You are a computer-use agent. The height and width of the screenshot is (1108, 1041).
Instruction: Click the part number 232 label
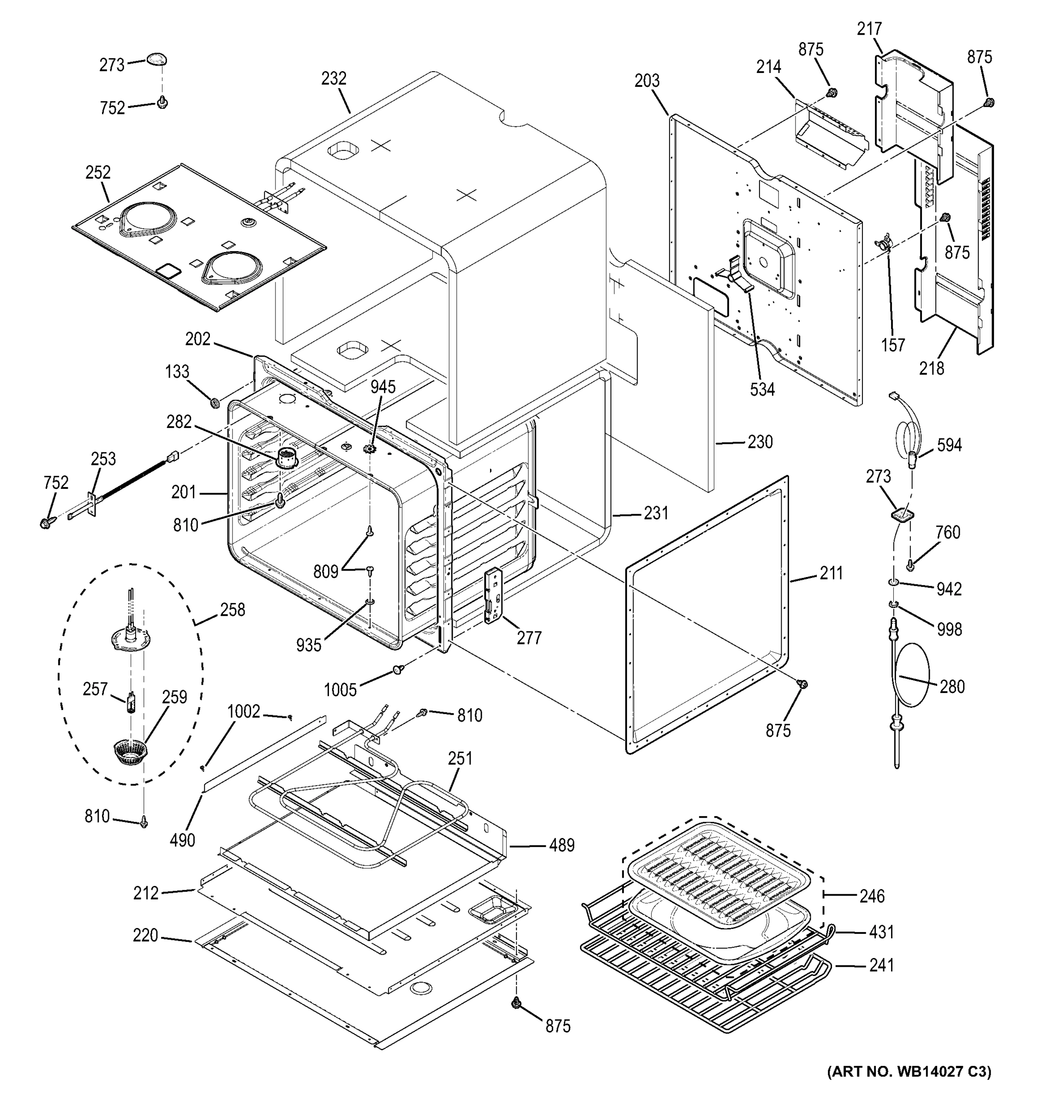(334, 78)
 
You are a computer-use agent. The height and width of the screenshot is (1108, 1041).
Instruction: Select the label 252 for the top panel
(98, 172)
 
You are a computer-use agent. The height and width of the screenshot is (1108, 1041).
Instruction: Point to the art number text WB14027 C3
(909, 1071)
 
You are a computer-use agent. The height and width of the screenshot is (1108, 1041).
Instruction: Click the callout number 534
(762, 390)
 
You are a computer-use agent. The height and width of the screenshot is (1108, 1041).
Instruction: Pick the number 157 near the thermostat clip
(893, 345)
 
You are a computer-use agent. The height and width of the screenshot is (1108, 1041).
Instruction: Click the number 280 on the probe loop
(952, 686)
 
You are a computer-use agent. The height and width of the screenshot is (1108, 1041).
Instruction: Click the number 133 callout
(177, 372)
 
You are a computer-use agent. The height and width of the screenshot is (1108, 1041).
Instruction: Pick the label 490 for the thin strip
(182, 840)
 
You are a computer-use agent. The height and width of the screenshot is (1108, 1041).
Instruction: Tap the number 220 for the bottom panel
(145, 935)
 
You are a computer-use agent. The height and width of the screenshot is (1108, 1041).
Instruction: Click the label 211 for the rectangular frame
(831, 573)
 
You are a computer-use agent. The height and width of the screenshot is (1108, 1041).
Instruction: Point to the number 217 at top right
(869, 29)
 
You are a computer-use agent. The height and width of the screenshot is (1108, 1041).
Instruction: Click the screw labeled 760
(910, 565)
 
